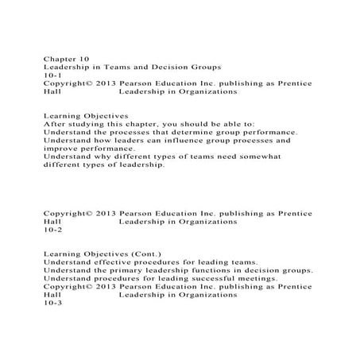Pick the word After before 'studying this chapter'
click(53, 124)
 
